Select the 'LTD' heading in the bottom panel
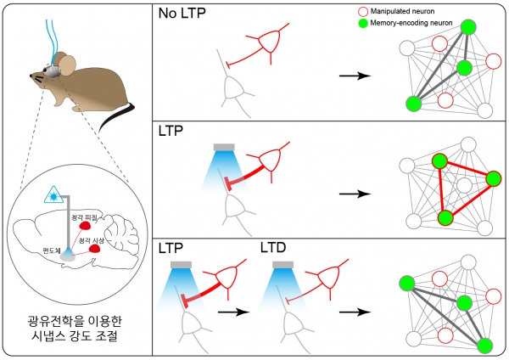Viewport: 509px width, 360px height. pos(277,250)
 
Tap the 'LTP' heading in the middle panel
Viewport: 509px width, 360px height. pos(173,132)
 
